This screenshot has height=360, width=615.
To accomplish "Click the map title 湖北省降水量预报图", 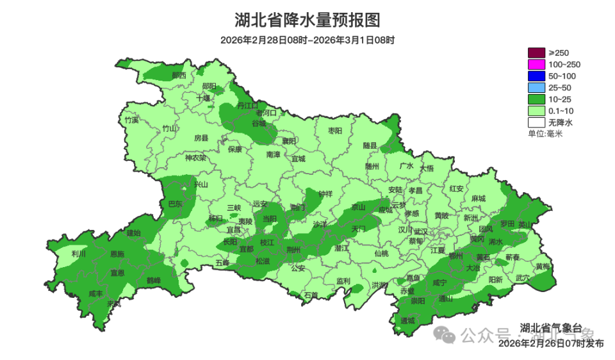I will click(x=307, y=20).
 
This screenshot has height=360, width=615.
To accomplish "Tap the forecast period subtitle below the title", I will click(x=307, y=40).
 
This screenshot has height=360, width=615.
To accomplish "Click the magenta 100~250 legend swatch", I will click(x=536, y=65).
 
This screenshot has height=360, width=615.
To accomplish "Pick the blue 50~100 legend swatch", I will click(x=536, y=76).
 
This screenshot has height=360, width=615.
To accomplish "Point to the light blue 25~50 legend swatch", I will click(x=536, y=88).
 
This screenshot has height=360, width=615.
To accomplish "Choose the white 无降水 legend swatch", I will click(x=536, y=122).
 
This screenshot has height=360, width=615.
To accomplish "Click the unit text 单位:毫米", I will click(x=545, y=134).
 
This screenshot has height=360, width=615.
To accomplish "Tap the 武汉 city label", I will click(x=422, y=231).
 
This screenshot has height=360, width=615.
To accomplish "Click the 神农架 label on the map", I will click(x=195, y=158).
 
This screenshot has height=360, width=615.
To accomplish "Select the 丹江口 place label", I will click(x=247, y=104).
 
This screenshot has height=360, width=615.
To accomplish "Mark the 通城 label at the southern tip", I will click(x=408, y=320).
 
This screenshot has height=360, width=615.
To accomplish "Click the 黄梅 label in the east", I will click(x=543, y=266).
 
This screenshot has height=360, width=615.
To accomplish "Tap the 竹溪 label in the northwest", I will click(x=131, y=120).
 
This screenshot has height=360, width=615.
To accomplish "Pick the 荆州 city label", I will click(x=293, y=249).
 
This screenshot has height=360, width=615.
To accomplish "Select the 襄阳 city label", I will click(x=290, y=141).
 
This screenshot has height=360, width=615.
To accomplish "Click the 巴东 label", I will click(x=175, y=204).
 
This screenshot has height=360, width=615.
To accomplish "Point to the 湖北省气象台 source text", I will click(x=550, y=327).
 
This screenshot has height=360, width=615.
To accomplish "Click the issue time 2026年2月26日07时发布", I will click(x=550, y=343).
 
